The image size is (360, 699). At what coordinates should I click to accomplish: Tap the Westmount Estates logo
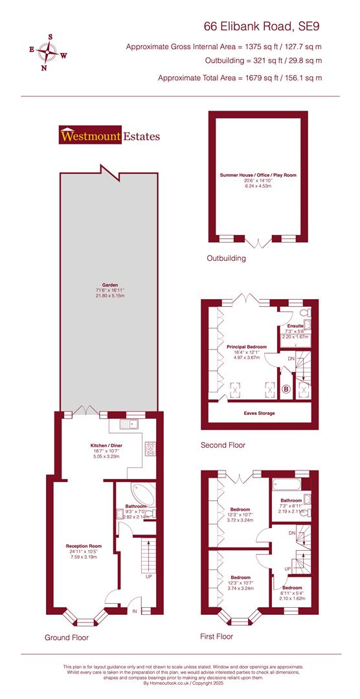click(x=109, y=136)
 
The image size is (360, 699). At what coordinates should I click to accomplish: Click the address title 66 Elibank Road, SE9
click(x=262, y=27)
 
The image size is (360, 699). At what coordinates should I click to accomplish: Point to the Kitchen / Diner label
click(x=106, y=446)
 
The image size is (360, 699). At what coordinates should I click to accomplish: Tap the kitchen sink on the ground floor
click(x=129, y=425)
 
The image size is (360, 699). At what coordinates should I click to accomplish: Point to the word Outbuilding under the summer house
click(x=226, y=258)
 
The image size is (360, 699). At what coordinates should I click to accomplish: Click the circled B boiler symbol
click(x=286, y=389)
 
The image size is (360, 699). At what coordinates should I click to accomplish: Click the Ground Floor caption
click(x=67, y=638)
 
